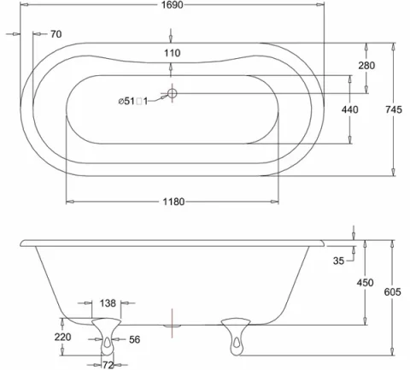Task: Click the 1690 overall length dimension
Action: click(x=173, y=5)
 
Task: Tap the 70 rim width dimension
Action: click(x=56, y=34)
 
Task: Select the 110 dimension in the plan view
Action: click(x=173, y=53)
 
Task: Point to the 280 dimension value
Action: click(x=366, y=66)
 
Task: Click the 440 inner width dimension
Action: click(x=349, y=109)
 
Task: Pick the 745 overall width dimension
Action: click(x=394, y=109)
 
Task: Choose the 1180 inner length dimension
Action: click(x=173, y=202)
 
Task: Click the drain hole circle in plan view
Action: click(x=172, y=93)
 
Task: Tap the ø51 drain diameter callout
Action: click(x=133, y=101)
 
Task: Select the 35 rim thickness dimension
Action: click(x=339, y=261)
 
